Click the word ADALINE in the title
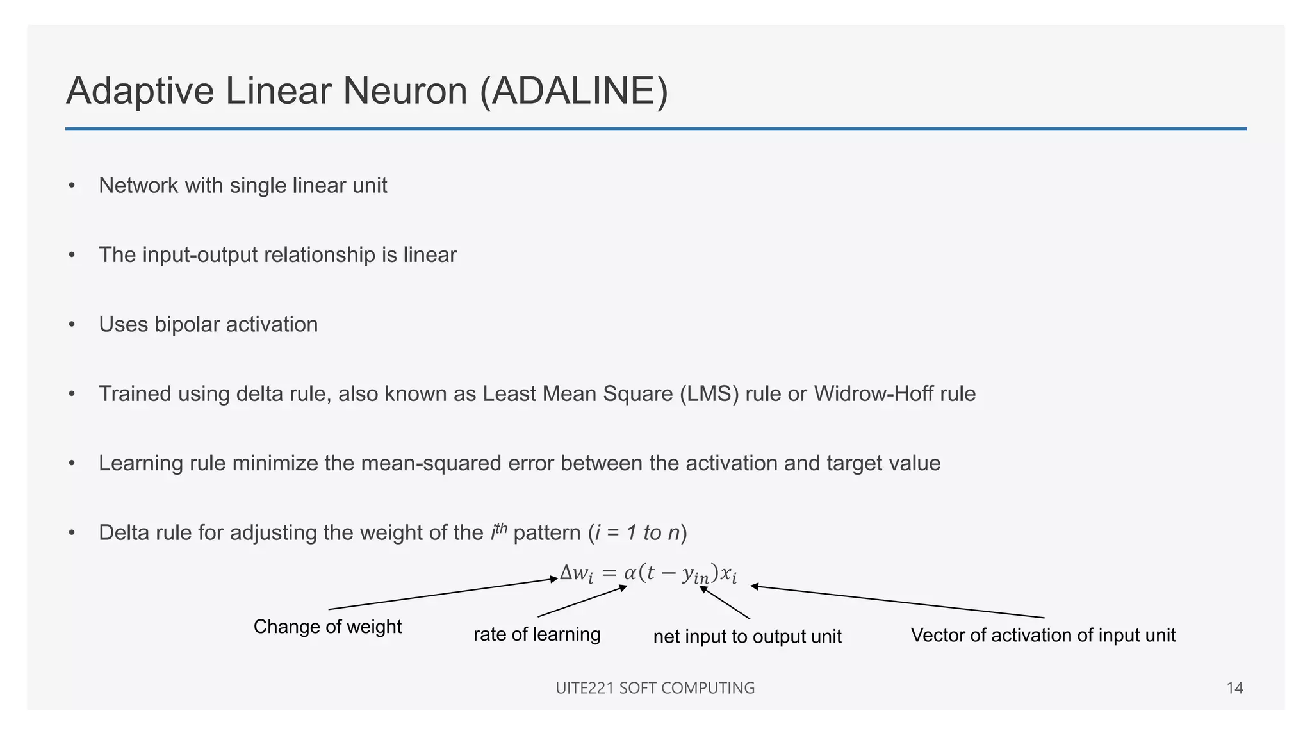tap(574, 91)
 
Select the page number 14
tap(1234, 688)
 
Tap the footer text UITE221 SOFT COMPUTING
tap(655, 688)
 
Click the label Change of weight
tap(327, 627)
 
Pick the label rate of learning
tap(537, 634)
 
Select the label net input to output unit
tap(747, 636)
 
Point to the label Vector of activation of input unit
tap(1043, 635)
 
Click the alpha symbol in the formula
tap(630, 572)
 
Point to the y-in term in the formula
tap(696, 575)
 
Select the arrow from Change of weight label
tap(442, 594)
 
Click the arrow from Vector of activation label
tap(897, 602)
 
